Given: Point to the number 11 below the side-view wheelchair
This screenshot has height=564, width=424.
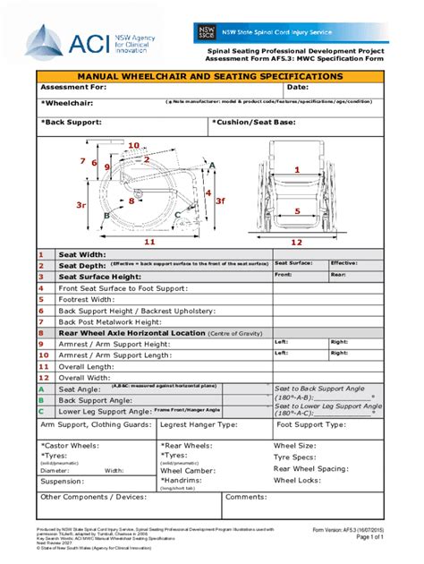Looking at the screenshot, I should click(149, 242).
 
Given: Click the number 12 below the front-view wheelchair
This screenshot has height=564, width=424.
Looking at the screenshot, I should click(297, 242).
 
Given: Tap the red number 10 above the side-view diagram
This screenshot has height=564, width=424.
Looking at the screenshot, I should click(133, 145).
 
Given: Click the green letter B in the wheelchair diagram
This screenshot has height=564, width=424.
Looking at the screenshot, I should click(106, 216).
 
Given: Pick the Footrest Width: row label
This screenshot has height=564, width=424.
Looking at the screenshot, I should click(90, 300).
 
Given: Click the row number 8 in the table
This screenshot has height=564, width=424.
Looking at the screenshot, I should click(41, 333).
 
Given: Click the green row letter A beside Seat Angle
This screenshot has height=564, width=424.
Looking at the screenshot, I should click(41, 389).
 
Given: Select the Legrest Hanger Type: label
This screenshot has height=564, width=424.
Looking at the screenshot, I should click(199, 424).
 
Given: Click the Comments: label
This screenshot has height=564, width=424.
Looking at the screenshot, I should click(246, 497).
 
